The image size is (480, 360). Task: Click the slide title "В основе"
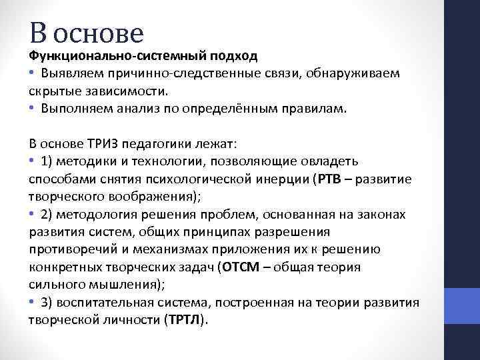tap(87, 31)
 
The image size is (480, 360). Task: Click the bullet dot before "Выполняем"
tap(33, 108)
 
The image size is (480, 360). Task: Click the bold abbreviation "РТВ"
tap(328, 179)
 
